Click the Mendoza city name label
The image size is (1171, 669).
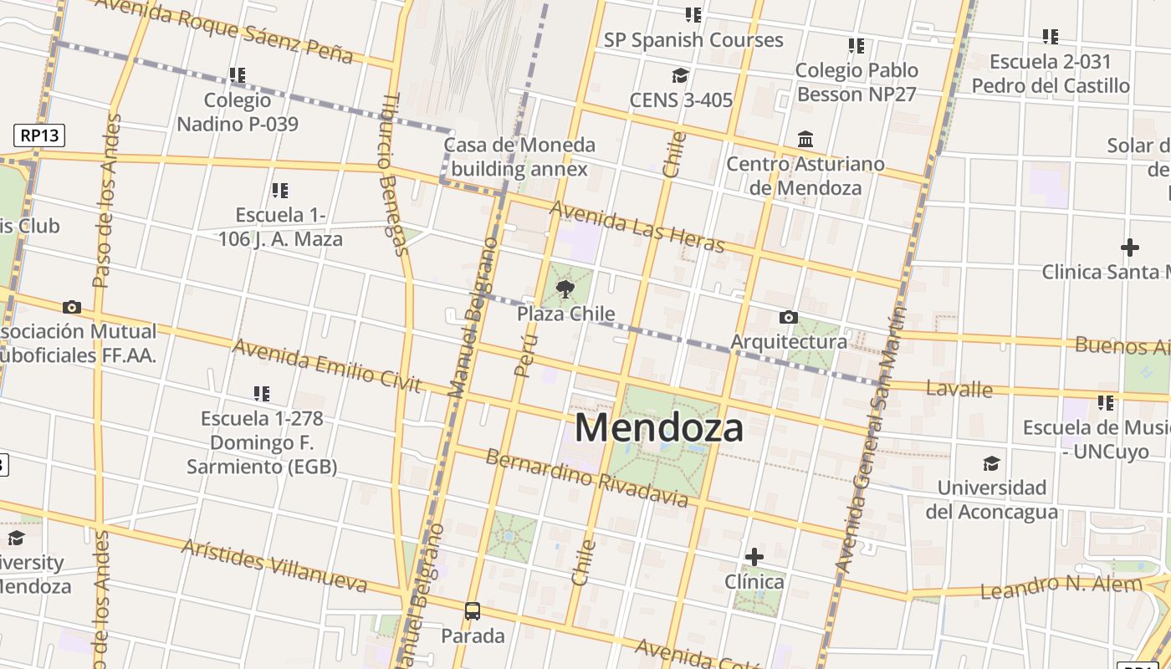coord(658,428)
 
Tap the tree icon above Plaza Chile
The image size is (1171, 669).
coord(565,290)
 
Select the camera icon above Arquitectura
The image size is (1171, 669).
coord(788,318)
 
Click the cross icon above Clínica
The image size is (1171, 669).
coord(754,557)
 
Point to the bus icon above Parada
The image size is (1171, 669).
coord(473,611)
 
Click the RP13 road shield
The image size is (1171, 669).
coord(39,135)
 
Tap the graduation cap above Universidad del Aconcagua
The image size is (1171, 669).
coord(991,463)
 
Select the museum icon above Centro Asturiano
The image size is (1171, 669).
coord(805,139)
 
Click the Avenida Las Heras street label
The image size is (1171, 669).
coord(637,227)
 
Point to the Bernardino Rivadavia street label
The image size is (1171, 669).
coord(586,478)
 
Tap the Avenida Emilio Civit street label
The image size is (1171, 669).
coord(326,365)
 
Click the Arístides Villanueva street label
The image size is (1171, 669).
coord(274,565)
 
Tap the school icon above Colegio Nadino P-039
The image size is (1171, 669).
coord(238,76)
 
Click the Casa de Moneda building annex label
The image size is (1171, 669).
coord(519,157)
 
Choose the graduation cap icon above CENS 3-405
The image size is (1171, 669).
coord(681,76)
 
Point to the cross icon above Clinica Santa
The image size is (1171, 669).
coord(1129,248)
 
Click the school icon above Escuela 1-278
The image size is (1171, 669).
coord(262,393)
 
